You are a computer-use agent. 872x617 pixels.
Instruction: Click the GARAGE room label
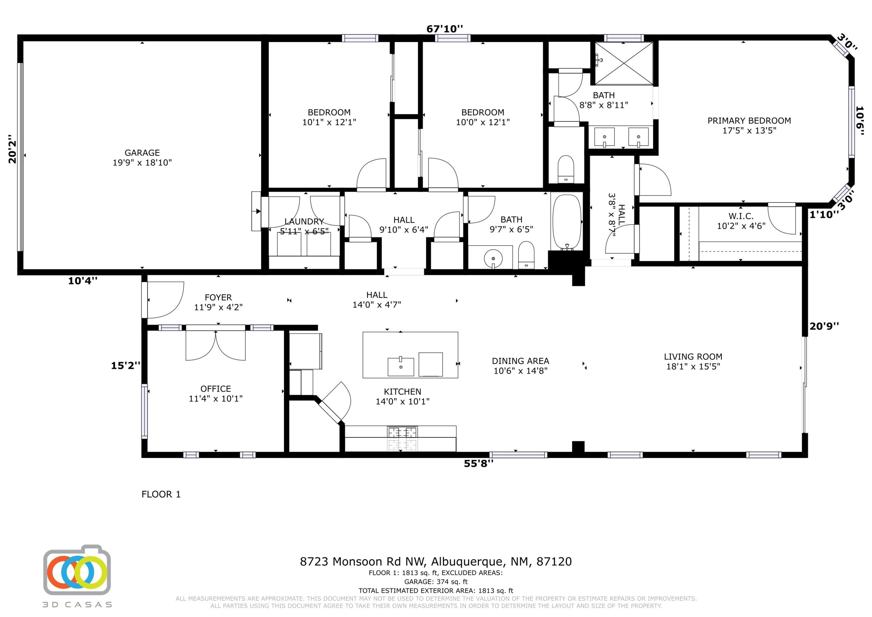pyautogui.click(x=142, y=153)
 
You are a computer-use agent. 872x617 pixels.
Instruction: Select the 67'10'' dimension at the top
pyautogui.click(x=445, y=29)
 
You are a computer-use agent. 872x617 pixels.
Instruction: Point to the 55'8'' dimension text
pyautogui.click(x=478, y=463)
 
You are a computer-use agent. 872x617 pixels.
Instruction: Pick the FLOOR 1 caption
pyautogui.click(x=161, y=494)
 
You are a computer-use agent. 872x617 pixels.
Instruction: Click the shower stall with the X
pyautogui.click(x=623, y=63)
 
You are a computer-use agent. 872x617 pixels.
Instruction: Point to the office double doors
pyautogui.click(x=215, y=345)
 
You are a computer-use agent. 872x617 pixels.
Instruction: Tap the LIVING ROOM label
pyautogui.click(x=693, y=357)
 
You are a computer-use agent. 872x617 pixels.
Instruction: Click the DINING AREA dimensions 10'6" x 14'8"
pyautogui.click(x=520, y=371)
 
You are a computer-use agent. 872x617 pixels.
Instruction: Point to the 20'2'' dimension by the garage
pyautogui.click(x=12, y=148)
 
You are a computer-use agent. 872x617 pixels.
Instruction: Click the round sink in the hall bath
pyautogui.click(x=493, y=259)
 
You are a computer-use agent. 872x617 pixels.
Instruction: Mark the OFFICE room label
pyautogui.click(x=216, y=389)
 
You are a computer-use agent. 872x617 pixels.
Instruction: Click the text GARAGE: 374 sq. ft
pyautogui.click(x=436, y=582)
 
